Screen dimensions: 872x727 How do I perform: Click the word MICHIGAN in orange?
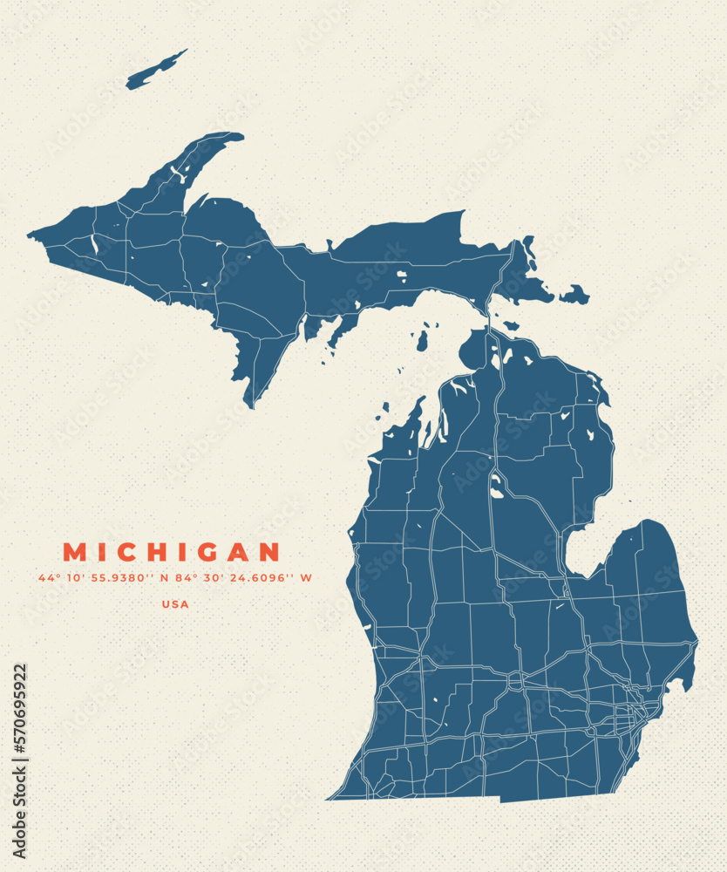coord(172,552)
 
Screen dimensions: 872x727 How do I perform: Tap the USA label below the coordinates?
coord(175,603)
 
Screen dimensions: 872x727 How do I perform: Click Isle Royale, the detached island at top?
coord(157,70)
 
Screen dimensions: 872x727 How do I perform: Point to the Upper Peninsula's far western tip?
coord(31,234)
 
